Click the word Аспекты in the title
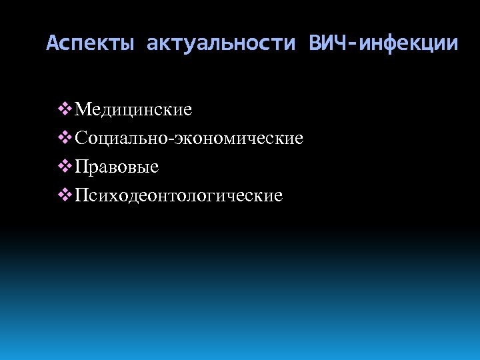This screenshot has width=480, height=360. point(89,44)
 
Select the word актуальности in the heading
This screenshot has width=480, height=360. point(221,44)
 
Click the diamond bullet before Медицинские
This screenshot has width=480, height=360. point(65,108)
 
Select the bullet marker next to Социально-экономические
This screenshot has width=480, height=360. point(65,137)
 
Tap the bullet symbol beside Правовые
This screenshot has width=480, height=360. point(65,166)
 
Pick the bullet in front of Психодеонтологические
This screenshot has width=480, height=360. point(65,195)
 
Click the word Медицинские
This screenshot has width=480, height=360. point(134,109)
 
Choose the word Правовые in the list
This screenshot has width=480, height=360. point(117,167)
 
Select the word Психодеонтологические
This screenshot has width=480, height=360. point(179,196)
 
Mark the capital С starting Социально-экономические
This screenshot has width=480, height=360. point(81,138)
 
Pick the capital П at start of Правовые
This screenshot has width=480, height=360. point(81,167)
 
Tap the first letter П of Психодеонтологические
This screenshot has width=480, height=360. point(81,195)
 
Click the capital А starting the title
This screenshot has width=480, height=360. point(53,44)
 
